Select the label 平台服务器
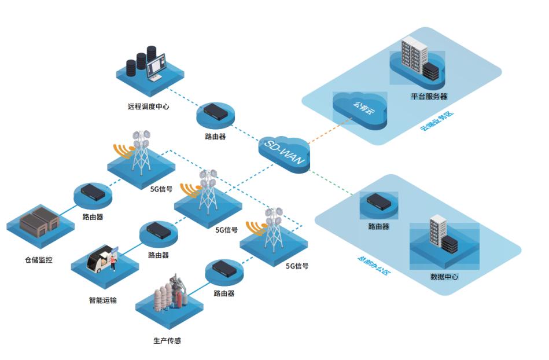(x=429, y=96)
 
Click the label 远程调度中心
(x=148, y=106)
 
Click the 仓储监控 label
(x=38, y=260)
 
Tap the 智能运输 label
(x=102, y=300)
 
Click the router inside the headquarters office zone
(x=378, y=201)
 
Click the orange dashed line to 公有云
(x=326, y=131)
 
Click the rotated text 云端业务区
(x=437, y=120)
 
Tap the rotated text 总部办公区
(x=374, y=263)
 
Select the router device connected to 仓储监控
(x=92, y=192)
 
